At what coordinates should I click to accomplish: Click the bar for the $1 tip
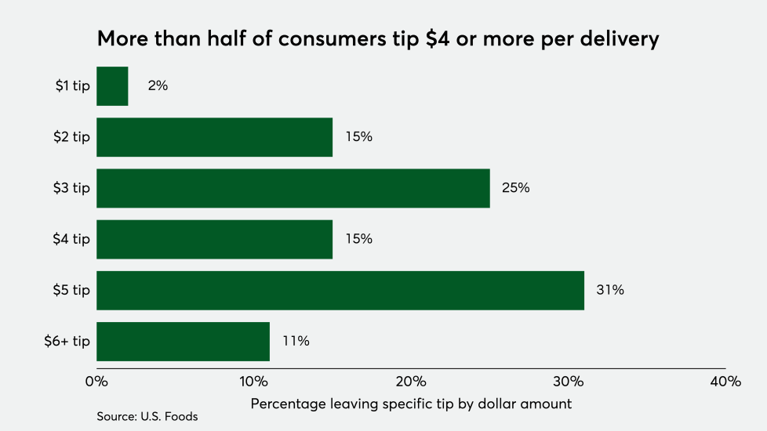(112, 86)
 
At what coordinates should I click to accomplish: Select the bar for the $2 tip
(214, 137)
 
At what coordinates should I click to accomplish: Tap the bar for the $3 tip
(293, 188)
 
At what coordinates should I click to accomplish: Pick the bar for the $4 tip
(214, 239)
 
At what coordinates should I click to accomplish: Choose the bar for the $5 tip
(340, 290)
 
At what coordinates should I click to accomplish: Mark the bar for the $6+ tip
(183, 341)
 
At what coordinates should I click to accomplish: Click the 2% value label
(158, 86)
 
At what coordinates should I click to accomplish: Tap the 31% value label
(611, 290)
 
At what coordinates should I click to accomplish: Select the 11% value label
(296, 341)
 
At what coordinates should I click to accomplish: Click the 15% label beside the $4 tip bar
(359, 239)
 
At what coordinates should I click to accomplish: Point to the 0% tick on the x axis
(96, 382)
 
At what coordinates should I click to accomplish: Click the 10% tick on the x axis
(253, 382)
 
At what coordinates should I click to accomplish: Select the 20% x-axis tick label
(411, 382)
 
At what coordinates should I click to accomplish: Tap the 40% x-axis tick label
(725, 382)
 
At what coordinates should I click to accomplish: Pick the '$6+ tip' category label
(67, 341)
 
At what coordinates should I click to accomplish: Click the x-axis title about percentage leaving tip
(411, 404)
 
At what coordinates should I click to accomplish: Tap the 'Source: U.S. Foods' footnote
(147, 417)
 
